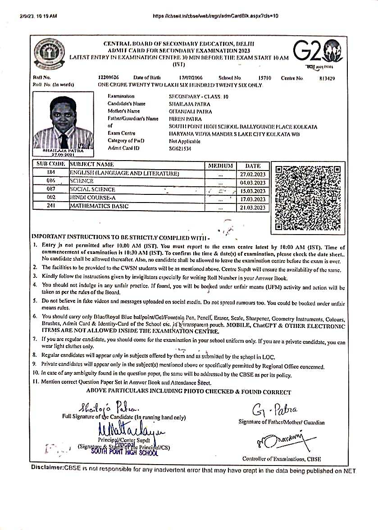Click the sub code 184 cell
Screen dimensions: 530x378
pyautogui.click(x=50, y=173)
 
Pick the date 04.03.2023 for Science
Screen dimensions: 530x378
pyautogui.click(x=253, y=182)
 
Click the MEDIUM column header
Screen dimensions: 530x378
pyautogui.click(x=220, y=166)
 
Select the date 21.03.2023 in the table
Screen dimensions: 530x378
pyautogui.click(x=253, y=207)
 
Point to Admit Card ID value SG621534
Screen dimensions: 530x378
pyautogui.click(x=180, y=148)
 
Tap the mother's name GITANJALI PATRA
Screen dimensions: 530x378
pyautogui.click(x=190, y=111)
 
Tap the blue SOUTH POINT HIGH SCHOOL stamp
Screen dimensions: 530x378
pyautogui.click(x=124, y=452)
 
